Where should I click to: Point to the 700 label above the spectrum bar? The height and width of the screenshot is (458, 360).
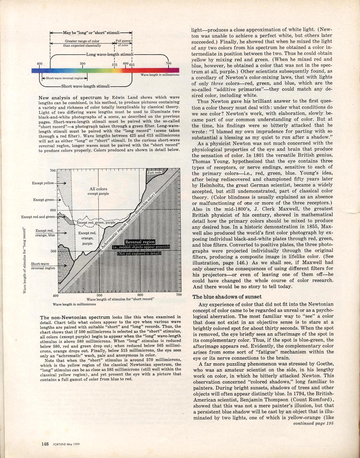pyautogui.click(x=168, y=63)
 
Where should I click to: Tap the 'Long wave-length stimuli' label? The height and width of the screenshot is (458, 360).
pyautogui.click(x=110, y=54)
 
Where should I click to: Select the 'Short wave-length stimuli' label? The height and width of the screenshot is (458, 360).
pyautogui.click(x=85, y=86)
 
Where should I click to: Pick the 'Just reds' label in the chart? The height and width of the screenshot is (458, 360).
pyautogui.click(x=154, y=173)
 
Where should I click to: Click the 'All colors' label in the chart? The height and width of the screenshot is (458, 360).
pyautogui.click(x=98, y=189)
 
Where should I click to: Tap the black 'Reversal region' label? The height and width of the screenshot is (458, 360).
pyautogui.click(x=140, y=242)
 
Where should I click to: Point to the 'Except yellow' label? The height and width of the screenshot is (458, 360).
pyautogui.click(x=43, y=183)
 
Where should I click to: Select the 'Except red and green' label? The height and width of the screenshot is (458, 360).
pyautogui.click(x=38, y=217)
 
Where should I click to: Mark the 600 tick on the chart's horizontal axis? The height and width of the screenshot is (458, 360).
pyautogui.click(x=140, y=295)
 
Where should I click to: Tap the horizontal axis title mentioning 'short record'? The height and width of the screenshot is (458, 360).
pyautogui.click(x=121, y=299)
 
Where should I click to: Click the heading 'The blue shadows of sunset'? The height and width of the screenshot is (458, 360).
pyautogui.click(x=227, y=297)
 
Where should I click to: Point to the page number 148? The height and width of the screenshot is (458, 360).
pyautogui.click(x=45, y=444)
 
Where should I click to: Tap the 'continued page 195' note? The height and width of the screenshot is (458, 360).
pyautogui.click(x=313, y=423)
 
